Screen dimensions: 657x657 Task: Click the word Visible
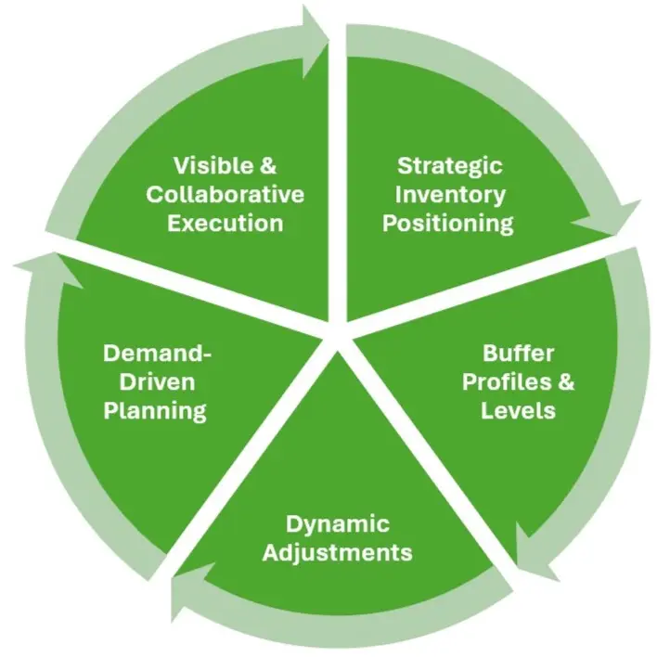coord(213,165)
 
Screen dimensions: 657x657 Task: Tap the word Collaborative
coord(225,195)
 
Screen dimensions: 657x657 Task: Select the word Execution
coord(225,223)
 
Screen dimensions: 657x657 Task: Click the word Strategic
coord(449,166)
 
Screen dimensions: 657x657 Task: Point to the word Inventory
coord(450,195)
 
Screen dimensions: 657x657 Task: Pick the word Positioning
coord(448,224)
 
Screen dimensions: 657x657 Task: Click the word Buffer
coord(519,354)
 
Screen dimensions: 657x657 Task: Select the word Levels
coord(518,410)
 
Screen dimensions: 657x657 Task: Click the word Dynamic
coord(338,524)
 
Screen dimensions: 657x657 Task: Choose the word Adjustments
coord(337,553)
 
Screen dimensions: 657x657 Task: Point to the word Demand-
coord(158,354)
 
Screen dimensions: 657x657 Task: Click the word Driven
coord(157,382)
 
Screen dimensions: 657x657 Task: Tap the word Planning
coord(155,411)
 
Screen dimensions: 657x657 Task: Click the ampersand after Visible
coord(268,165)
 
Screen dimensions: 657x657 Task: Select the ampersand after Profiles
coord(566,382)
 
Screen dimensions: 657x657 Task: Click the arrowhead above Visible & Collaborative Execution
coord(316,42)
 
